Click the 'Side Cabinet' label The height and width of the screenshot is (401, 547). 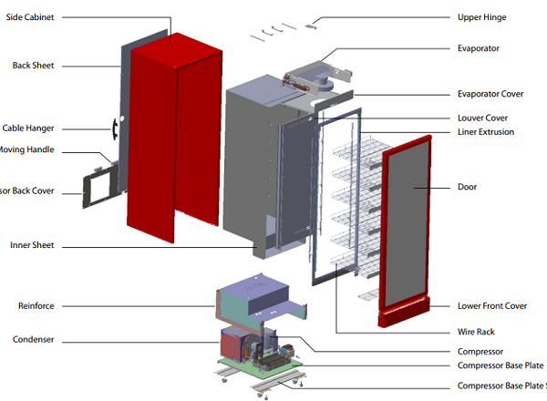(x=29, y=17)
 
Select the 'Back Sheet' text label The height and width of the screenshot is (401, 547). (x=33, y=65)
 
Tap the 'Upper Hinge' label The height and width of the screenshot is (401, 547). (x=481, y=17)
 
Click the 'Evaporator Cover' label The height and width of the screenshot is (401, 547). (x=490, y=94)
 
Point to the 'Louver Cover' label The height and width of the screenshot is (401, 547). (x=482, y=118)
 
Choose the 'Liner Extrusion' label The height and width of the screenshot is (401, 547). (x=485, y=132)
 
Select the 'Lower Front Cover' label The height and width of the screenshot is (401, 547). (x=491, y=305)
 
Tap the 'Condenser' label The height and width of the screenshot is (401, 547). (x=33, y=340)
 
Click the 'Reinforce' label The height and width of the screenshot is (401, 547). (x=35, y=305)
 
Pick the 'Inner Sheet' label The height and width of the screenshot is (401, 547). (x=32, y=245)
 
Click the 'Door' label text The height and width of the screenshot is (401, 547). (x=467, y=187)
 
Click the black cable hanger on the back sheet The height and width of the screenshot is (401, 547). (x=114, y=129)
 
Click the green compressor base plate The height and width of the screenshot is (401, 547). (x=273, y=369)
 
